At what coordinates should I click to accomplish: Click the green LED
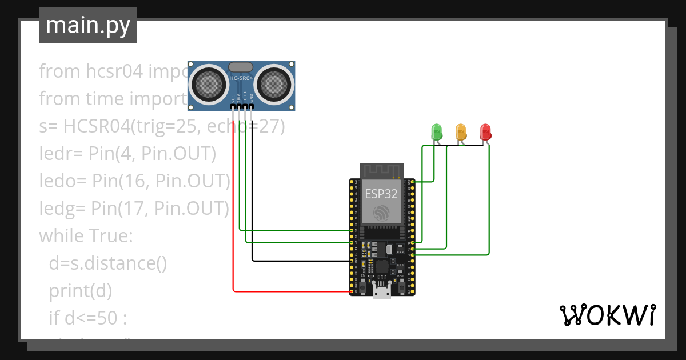point(436,132)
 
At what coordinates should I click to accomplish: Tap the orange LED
point(461,132)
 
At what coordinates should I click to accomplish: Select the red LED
point(485,132)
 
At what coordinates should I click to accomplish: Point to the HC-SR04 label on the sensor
point(241,78)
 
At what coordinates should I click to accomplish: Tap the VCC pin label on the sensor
point(233,98)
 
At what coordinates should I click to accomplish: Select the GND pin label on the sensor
point(252,98)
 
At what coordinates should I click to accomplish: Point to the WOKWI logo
point(607,315)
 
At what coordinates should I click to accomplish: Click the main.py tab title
point(87,26)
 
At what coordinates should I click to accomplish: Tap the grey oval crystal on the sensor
point(241,67)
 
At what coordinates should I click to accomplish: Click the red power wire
point(233,229)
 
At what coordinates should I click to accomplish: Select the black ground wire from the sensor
point(252,200)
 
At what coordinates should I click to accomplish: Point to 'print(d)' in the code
point(80,290)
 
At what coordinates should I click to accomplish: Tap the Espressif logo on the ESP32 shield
point(381,214)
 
